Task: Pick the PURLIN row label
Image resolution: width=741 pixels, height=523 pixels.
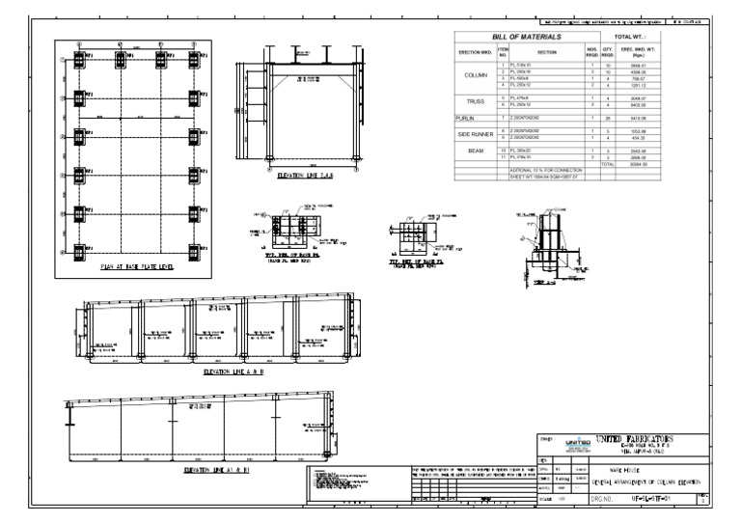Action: pos(467,117)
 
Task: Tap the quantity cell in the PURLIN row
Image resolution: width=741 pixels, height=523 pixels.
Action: pos(609,117)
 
